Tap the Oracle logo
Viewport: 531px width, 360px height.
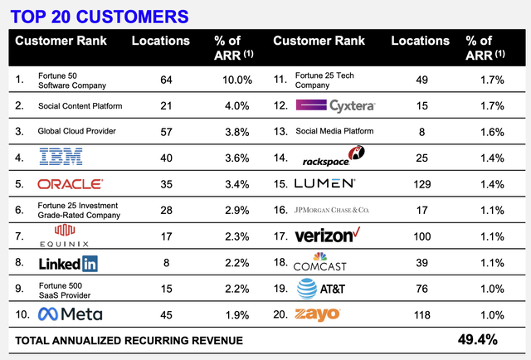(71, 183)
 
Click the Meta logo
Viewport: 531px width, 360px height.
(73, 315)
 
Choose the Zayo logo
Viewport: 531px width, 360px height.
(319, 315)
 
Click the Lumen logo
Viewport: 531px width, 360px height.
(325, 183)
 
